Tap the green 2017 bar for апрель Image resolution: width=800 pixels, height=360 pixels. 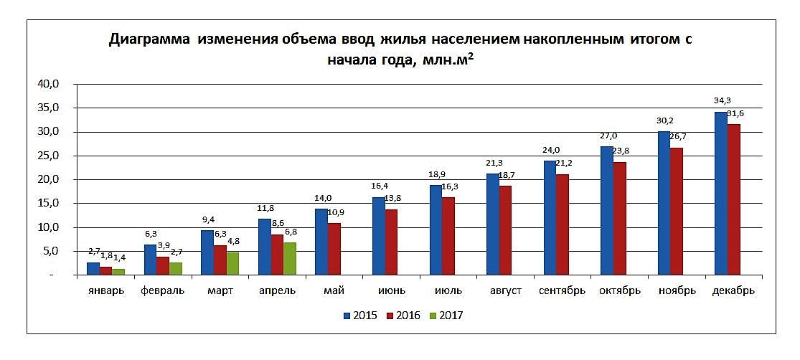point(289,259)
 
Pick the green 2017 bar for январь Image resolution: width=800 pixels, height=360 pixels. point(118,272)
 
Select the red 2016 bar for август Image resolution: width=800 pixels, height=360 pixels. point(505,230)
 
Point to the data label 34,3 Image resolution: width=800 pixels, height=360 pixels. point(712,100)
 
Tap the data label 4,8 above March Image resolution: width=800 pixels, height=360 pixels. point(235,242)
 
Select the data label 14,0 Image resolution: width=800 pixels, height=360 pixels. point(322,198)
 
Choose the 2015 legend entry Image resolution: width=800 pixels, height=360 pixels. point(360,315)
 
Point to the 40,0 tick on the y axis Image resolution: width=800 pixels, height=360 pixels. point(57,84)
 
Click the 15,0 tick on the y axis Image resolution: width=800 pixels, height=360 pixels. point(57,204)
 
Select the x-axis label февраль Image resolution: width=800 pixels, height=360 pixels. point(163,291)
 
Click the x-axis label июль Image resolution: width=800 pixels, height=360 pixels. point(448,291)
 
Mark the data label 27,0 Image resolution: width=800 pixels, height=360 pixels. point(608,136)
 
